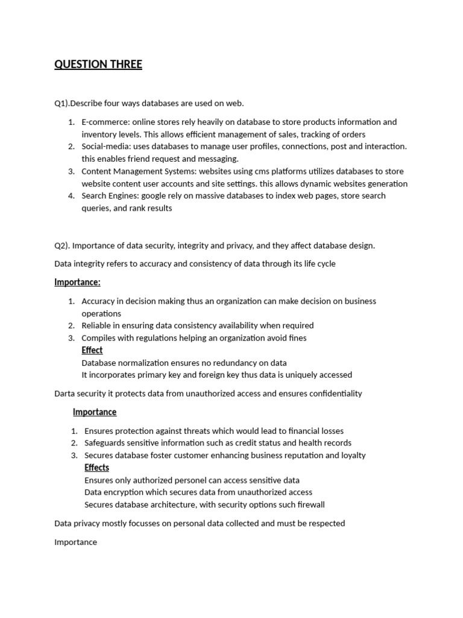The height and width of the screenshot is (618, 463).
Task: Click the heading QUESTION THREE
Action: [x=98, y=65]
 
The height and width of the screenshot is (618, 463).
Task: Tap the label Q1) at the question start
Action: [x=61, y=103]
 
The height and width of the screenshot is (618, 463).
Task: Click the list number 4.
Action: [x=71, y=196]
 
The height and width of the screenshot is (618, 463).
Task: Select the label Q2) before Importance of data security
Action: [x=61, y=246]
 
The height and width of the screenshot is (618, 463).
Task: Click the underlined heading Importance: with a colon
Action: [x=77, y=282]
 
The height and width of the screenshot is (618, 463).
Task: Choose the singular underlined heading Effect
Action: [x=92, y=350]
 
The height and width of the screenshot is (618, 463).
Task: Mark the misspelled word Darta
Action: [x=65, y=393]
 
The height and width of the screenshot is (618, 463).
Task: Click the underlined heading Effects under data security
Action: [x=96, y=468]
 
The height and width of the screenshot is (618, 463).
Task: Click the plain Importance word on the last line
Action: [x=75, y=542]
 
